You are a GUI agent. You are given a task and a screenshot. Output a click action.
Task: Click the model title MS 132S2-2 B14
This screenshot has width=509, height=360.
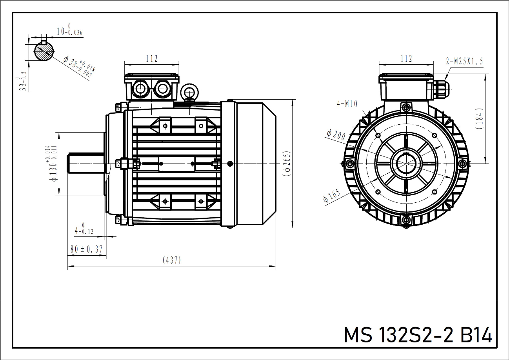(418, 335)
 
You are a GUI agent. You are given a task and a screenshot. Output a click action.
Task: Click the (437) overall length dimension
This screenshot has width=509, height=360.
(172, 260)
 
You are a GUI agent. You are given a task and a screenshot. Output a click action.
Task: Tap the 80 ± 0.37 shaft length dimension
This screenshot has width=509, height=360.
(87, 249)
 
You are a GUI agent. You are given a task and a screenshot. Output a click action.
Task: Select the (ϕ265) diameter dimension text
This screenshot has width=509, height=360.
(287, 164)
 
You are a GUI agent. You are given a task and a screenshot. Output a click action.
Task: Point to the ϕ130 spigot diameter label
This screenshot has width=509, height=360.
(52, 164)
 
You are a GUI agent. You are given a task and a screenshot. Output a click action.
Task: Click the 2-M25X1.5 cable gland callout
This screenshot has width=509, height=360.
(464, 61)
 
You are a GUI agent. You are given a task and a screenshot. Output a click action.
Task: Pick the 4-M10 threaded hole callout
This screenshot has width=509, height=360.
(347, 104)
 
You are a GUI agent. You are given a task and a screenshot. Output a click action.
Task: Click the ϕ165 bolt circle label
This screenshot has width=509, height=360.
(332, 195)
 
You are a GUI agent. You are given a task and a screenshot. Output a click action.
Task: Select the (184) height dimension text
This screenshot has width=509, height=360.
(479, 118)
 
